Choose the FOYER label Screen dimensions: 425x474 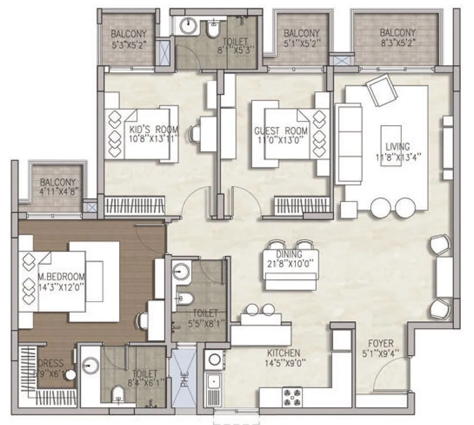pos(380,343)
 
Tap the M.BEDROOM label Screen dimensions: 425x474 pos(62,277)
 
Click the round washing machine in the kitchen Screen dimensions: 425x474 pos(213,358)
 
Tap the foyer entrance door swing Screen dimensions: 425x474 pos(389,374)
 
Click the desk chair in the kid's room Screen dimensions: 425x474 pos(195,133)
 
